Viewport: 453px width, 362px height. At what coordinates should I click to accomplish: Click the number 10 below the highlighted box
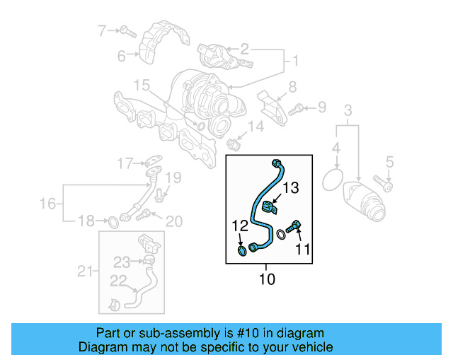(266, 279)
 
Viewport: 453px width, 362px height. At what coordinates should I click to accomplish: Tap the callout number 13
(292, 187)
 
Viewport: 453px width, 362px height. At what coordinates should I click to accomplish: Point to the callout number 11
(303, 248)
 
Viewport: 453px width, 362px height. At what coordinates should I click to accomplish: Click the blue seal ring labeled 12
(242, 250)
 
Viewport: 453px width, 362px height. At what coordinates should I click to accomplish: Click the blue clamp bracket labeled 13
(269, 209)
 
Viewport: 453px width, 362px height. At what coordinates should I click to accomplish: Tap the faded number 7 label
(102, 30)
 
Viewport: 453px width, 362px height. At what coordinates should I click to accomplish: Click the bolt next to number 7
(126, 30)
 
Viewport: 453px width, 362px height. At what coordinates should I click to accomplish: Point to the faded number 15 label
(142, 86)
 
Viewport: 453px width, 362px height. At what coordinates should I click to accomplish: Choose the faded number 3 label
(348, 110)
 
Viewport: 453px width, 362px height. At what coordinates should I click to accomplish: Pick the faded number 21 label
(84, 271)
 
